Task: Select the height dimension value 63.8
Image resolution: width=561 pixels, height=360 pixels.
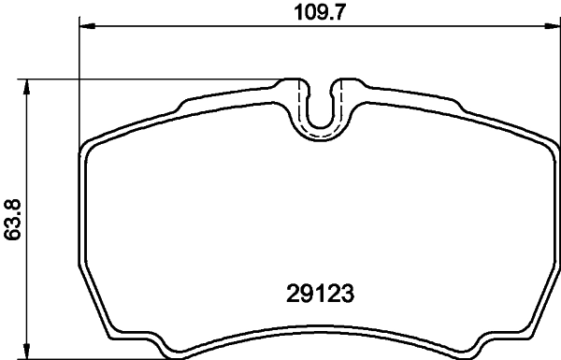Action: coord(12,219)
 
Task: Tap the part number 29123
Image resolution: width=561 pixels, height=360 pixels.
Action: coord(322,293)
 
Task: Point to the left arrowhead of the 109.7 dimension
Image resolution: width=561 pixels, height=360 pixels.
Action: coord(85,26)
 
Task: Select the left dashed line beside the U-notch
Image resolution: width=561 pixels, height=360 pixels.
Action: coord(299,103)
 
